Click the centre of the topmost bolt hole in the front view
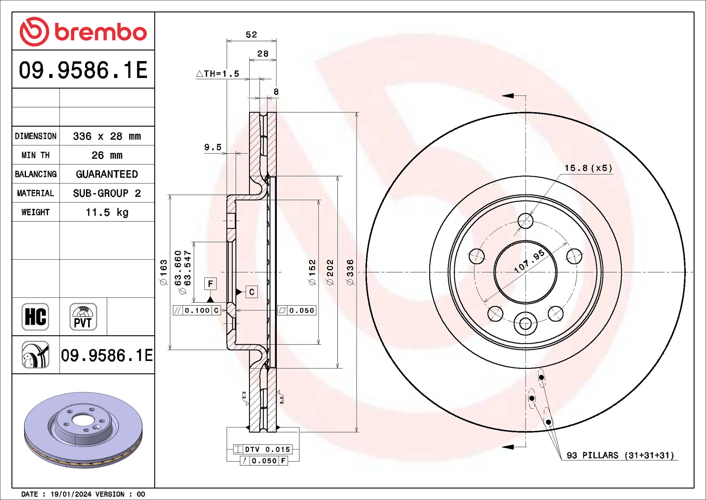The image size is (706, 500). pos(525,221)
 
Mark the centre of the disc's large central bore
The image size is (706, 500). pos(525,272)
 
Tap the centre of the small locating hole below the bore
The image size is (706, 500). pos(525,324)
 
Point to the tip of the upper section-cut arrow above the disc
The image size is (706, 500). pos(502,96)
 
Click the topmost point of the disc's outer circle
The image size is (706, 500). pos(525,112)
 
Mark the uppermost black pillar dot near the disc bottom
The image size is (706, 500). pos(541,377)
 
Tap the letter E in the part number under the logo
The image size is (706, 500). pos(141,70)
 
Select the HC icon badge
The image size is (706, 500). pos(35,317)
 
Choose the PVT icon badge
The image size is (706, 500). pos(83,317)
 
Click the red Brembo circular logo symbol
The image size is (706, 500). pos(34,32)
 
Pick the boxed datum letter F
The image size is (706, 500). pos(210,284)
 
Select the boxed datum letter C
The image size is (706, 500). pos(252,292)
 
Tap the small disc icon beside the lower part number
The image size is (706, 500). pos(35,355)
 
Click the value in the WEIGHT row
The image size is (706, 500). pos(107,212)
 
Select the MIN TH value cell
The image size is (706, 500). pos(107,155)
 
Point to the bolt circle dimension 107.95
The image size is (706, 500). pos(529,261)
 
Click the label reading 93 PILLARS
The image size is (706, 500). pos(592,455)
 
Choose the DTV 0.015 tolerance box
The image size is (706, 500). pos(263,449)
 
